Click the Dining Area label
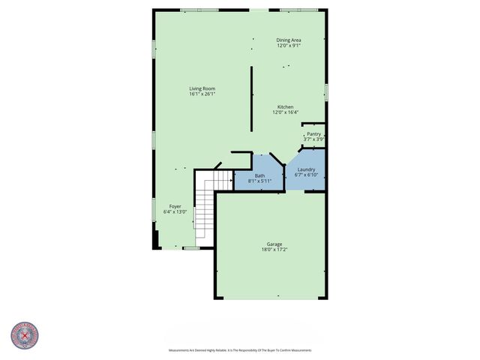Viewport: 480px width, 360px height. (288, 40)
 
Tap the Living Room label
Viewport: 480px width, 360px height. (202, 88)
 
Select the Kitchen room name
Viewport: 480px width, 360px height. (285, 107)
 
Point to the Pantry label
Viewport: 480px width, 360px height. (313, 134)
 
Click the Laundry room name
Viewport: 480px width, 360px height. (306, 169)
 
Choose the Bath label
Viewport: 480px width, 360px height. (259, 175)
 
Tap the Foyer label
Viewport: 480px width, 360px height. (175, 206)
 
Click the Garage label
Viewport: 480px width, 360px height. (274, 244)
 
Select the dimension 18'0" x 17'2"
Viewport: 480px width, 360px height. (274, 250)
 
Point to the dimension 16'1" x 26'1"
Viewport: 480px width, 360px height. (202, 94)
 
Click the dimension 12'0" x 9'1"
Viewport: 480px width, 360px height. (288, 46)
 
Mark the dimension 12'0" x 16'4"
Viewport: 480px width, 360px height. (285, 112)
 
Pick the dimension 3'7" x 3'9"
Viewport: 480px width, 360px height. (313, 139)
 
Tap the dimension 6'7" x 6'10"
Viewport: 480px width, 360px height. (306, 175)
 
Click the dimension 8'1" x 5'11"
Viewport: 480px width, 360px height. (259, 181)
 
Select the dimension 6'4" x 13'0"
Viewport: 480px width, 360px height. (175, 211)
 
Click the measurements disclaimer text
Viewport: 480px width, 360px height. (239, 350)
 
